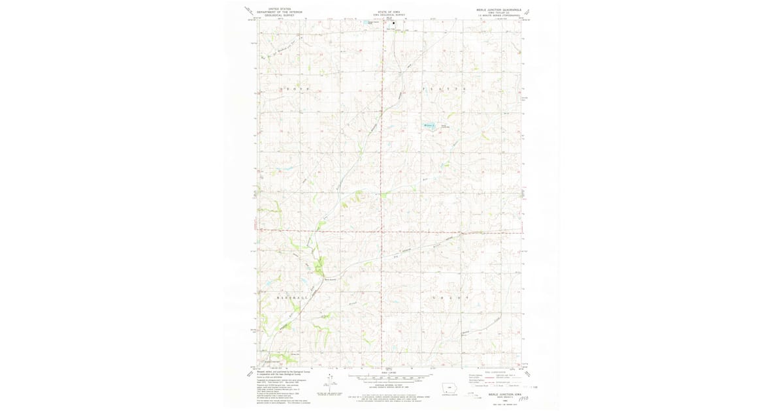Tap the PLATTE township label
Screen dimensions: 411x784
point(444,88)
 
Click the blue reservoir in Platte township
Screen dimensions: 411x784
point(430,125)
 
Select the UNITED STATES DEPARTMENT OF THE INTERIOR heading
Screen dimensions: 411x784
point(280,12)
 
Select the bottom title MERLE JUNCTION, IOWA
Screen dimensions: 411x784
point(501,394)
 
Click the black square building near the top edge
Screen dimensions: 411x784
point(393,23)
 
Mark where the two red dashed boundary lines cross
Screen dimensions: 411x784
point(382,230)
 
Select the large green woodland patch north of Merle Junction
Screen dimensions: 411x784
point(318,266)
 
